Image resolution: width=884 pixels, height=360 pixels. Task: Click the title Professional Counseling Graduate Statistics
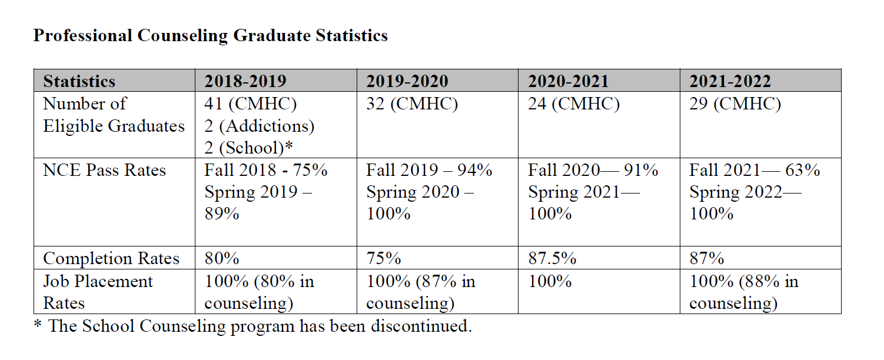[x=210, y=36]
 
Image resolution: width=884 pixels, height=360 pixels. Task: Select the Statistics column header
[x=79, y=81]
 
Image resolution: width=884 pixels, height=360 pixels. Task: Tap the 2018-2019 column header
[x=245, y=81]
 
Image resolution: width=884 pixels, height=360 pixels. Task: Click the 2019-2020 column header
[x=407, y=81]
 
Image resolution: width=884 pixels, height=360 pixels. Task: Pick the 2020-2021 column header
[x=569, y=81]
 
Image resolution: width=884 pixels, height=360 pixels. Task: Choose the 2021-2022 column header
[x=730, y=81]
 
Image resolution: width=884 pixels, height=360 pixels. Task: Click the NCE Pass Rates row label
[x=104, y=171]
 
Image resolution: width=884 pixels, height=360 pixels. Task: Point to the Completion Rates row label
[x=111, y=259]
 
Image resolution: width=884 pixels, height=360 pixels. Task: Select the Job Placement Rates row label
[x=98, y=292]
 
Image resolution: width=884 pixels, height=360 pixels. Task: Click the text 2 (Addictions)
[x=260, y=126]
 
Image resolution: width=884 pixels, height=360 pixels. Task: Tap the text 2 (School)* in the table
[x=249, y=148]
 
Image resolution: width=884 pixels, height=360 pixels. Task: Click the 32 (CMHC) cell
[x=412, y=104]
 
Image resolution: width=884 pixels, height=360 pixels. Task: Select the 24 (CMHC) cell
[x=574, y=104]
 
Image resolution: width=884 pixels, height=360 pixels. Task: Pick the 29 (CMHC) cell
[x=735, y=104]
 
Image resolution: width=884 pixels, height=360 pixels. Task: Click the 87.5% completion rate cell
[x=552, y=259]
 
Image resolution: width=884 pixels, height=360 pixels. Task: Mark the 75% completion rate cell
[x=384, y=259]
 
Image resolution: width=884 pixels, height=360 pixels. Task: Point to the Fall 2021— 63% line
[x=755, y=171]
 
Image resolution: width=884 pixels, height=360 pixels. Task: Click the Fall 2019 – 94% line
[x=429, y=171]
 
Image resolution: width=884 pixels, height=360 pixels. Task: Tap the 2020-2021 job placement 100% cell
[x=550, y=282]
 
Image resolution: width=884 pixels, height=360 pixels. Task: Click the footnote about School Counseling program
[x=252, y=326]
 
